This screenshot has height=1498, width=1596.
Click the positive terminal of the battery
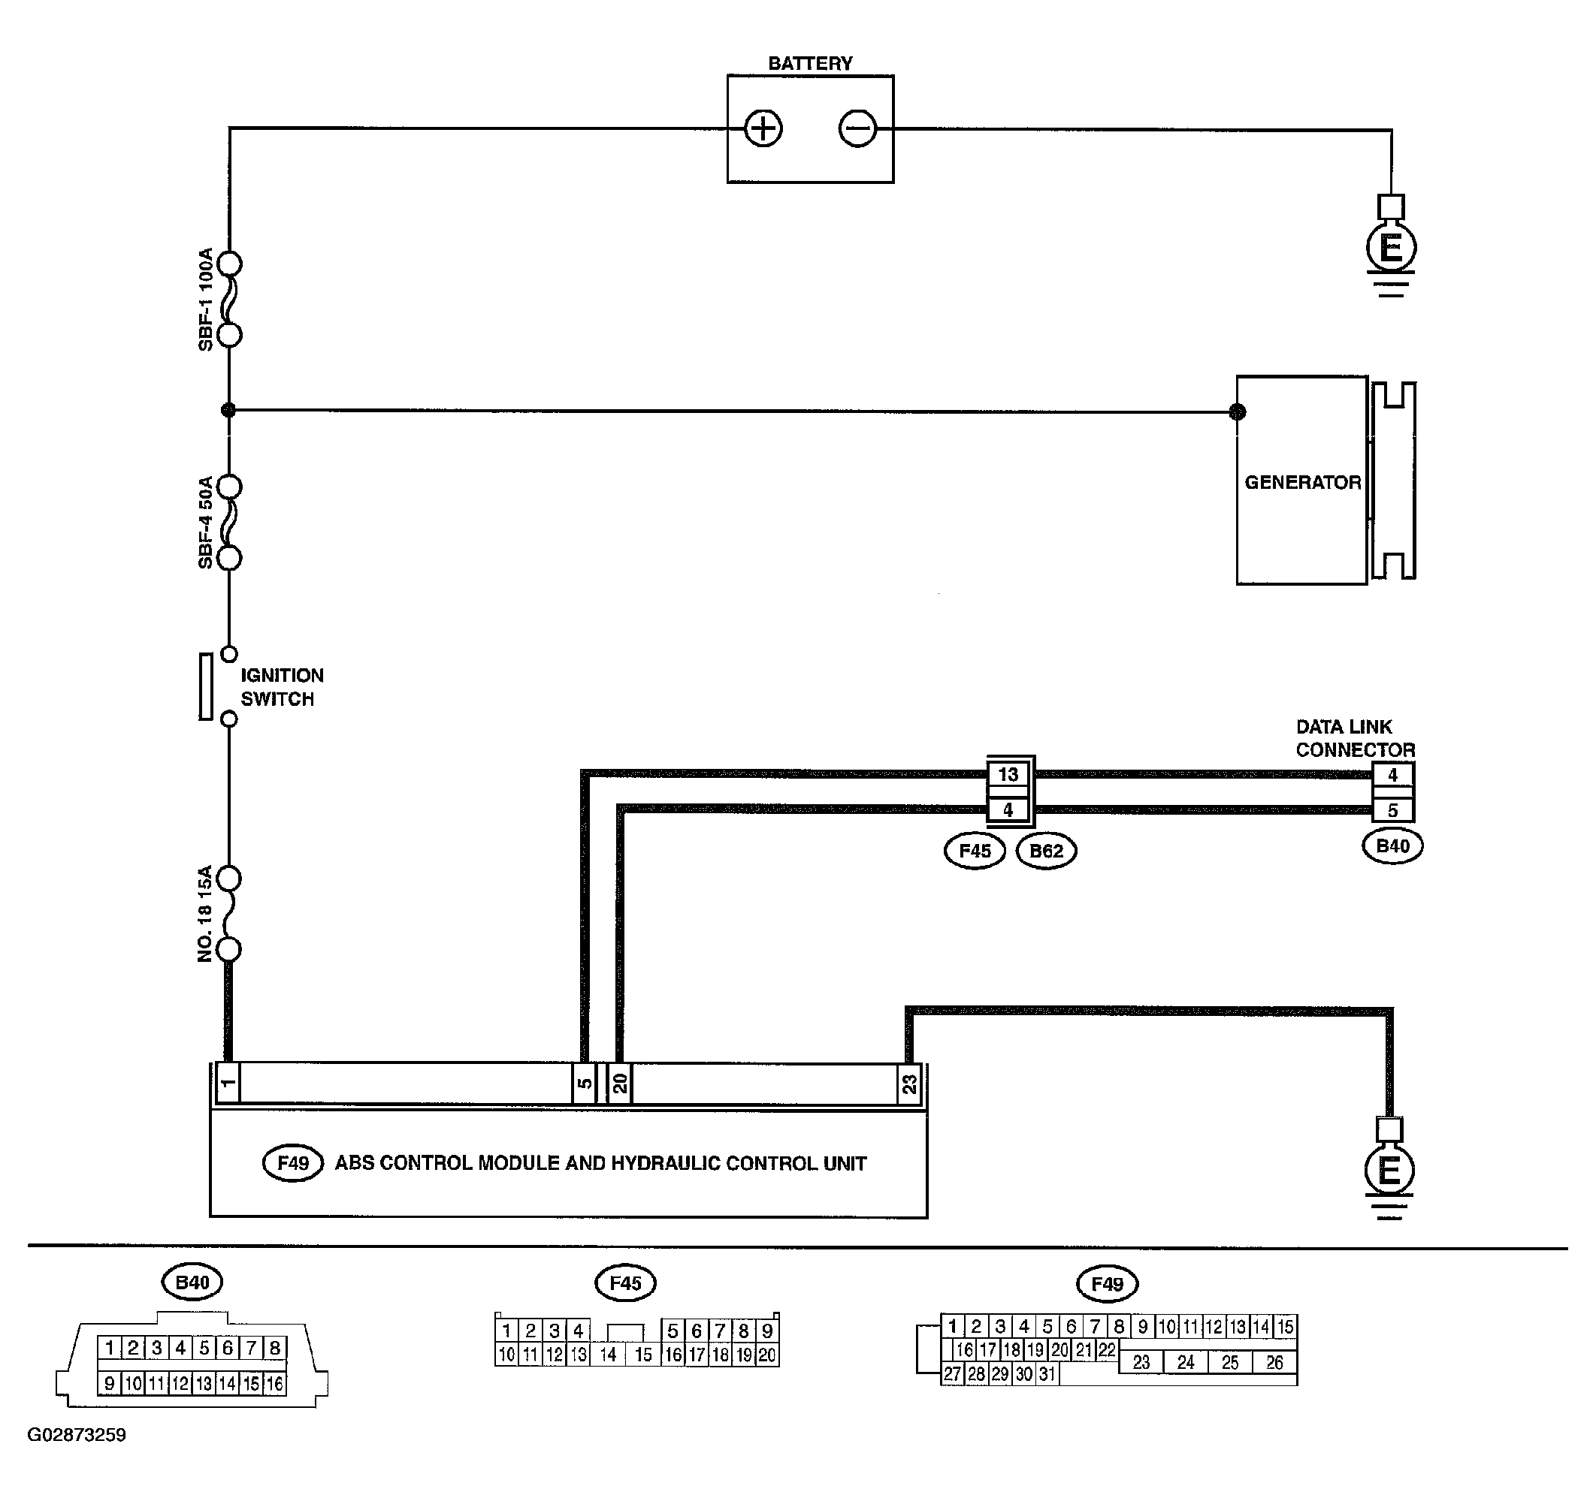763,128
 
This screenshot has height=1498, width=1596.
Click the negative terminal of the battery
857,128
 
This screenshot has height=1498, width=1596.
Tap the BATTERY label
810,63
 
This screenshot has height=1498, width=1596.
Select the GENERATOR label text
1302,482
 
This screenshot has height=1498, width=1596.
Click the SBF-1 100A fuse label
206,300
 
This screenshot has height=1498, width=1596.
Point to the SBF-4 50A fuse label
206,523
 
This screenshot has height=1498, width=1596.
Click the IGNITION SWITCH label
282,687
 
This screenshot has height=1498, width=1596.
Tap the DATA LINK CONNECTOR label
1355,738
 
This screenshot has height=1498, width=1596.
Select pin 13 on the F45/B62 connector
1008,774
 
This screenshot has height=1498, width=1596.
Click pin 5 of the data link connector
1393,810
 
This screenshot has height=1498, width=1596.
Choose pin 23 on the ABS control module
908,1084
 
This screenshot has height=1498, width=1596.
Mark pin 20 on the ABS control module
620,1084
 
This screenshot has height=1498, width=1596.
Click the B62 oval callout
1046,851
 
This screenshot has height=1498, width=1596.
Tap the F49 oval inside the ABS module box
293,1162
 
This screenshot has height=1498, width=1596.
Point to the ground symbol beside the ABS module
1389,1170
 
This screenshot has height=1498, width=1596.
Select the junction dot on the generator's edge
1237,411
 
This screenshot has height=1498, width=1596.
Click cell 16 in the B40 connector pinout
274,1383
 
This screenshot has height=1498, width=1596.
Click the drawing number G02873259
76,1435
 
